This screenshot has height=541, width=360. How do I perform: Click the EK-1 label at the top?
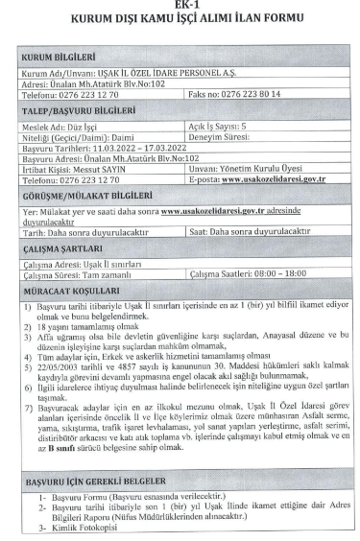[180, 7]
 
